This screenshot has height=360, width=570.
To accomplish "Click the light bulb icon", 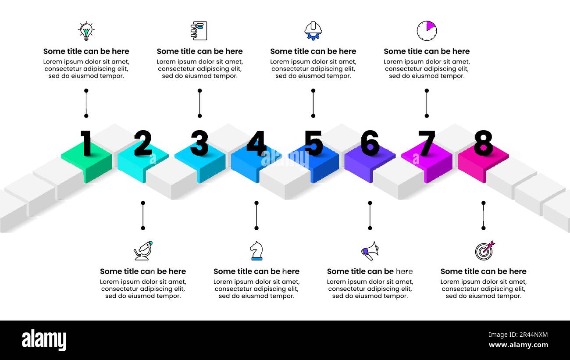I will pos(86,31).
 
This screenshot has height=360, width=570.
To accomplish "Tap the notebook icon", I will pos(199,31).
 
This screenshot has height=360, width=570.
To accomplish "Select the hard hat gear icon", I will pos(313,31).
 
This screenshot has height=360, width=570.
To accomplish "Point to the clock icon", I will pos(427,31).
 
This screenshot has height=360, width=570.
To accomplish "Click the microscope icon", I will pos(143,250).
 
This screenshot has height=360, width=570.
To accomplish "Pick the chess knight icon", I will pos(256,251).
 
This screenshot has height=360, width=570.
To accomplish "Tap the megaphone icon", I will pos(370,251).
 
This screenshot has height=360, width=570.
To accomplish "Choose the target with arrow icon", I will pos(484,250).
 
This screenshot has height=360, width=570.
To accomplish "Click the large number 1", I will pos(86,143).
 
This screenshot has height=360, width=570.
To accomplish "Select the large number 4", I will pos(256,143).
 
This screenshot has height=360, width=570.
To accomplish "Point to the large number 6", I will pos(370,143).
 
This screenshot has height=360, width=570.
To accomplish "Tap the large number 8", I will pos(483,143).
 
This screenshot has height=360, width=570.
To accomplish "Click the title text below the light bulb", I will pos(86,51).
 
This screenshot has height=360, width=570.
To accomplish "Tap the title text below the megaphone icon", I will pos(370,271).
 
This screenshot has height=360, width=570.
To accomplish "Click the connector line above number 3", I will pos(199,103).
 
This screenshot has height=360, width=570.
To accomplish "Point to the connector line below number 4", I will pos(256,215).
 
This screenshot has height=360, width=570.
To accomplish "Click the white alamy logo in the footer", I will pos(44,340).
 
